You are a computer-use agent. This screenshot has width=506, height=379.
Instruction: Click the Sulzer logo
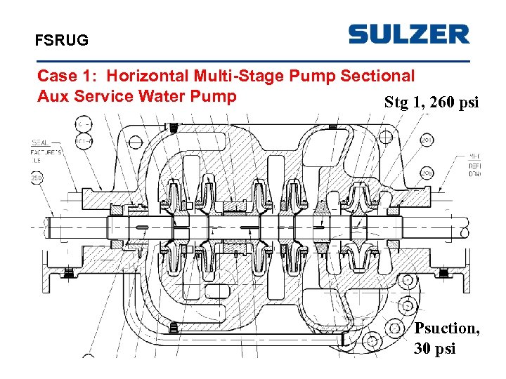tap(408, 34)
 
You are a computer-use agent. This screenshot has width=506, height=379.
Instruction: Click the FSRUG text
tap(62, 41)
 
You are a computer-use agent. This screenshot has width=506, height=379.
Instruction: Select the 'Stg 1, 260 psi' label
tap(431, 102)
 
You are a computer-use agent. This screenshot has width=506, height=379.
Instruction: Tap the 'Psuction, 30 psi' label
tap(446, 338)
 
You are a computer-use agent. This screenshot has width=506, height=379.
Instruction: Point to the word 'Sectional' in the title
tap(379, 75)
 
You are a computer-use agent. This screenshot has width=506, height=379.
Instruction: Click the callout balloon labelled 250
tap(37, 178)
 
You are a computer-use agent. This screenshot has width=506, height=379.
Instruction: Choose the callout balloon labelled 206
tap(427, 171)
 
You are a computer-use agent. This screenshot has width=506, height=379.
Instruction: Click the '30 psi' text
tap(434, 347)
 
